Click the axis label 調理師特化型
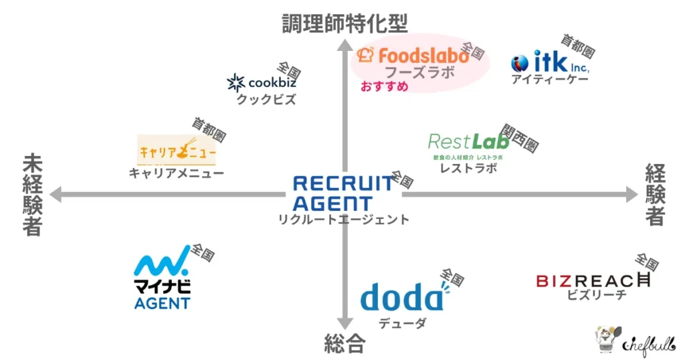[345, 23]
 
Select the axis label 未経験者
[31, 195]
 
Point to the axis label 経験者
[655, 195]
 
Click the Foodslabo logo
[413, 55]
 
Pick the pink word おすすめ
[384, 87]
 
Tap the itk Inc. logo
[550, 63]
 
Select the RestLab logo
[464, 142]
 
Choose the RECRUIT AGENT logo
[342, 193]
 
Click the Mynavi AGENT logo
[162, 282]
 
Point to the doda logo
[403, 296]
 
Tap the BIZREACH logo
[593, 280]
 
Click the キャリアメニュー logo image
[177, 150]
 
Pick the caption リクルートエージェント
[343, 219]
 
